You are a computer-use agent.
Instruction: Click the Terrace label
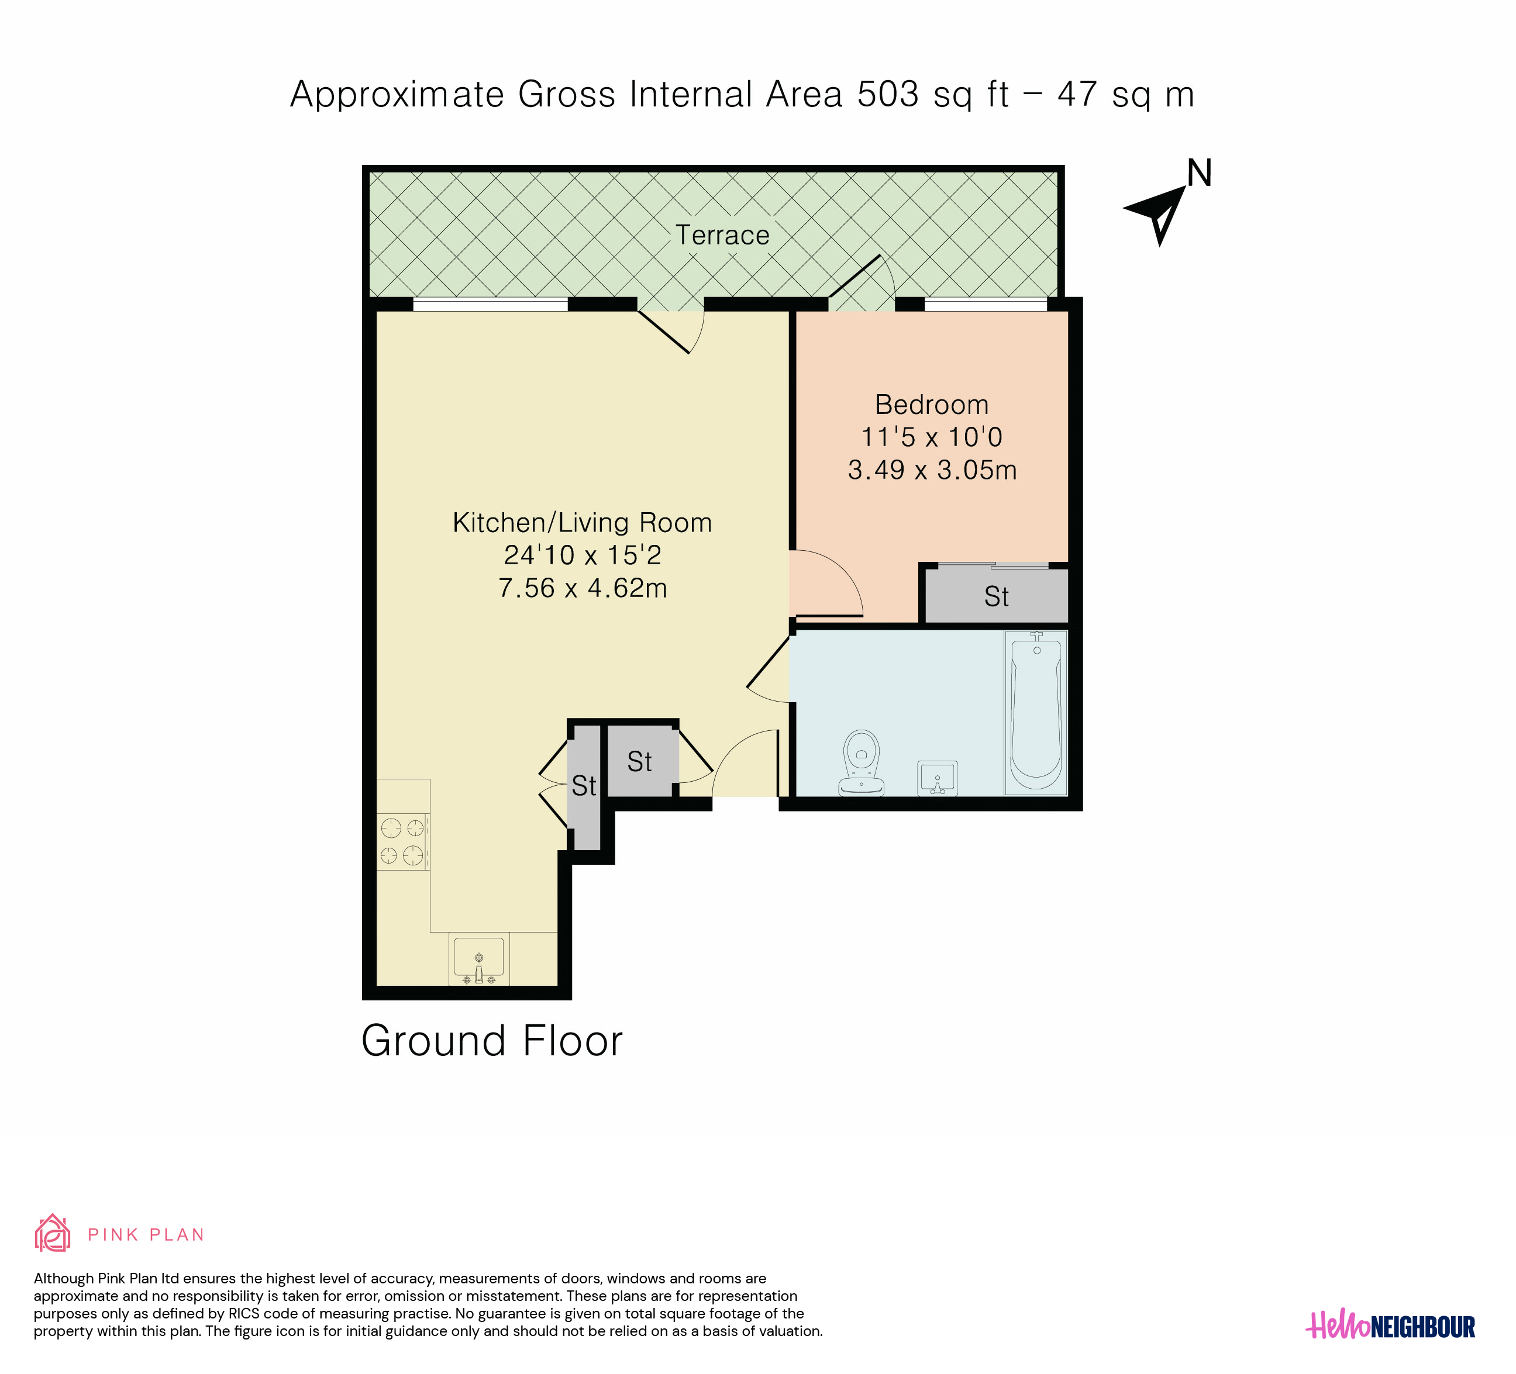tap(722, 235)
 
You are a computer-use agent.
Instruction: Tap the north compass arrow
tap(1158, 214)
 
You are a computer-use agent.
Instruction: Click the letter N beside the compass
tap(1200, 173)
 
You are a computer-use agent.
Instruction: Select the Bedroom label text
tap(932, 405)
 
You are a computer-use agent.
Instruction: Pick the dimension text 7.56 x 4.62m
tap(583, 588)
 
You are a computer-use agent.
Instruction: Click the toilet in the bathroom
tap(862, 763)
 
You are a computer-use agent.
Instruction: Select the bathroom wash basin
tap(937, 778)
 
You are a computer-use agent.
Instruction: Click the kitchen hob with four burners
tap(403, 842)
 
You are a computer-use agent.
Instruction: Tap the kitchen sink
tap(479, 959)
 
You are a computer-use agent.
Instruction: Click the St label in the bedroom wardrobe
tap(997, 597)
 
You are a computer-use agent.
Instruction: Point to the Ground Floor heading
tap(492, 1041)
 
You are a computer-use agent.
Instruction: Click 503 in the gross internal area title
tap(888, 95)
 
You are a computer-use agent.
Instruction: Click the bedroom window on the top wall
tap(986, 305)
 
